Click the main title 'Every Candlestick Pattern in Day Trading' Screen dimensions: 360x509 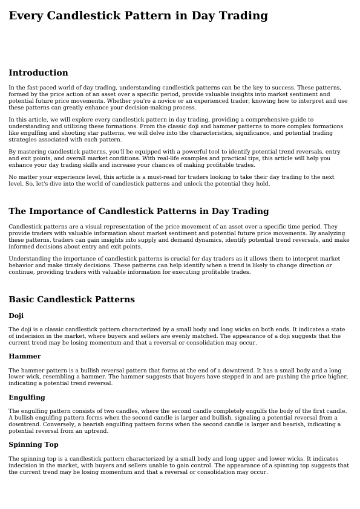pyautogui.click(x=138, y=16)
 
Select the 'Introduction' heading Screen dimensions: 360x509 pyautogui.click(x=38, y=73)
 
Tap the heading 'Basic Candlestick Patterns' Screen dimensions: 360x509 pyautogui.click(x=71, y=300)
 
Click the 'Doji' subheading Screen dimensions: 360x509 pyautogui.click(x=16, y=316)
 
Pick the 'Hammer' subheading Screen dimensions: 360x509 pyautogui.click(x=25, y=357)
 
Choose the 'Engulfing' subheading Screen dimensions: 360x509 pyautogui.click(x=27, y=398)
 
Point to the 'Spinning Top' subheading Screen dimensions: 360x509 pyautogui.click(x=33, y=445)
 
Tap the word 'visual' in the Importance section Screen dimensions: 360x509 pyautogui.click(x=78, y=227)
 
